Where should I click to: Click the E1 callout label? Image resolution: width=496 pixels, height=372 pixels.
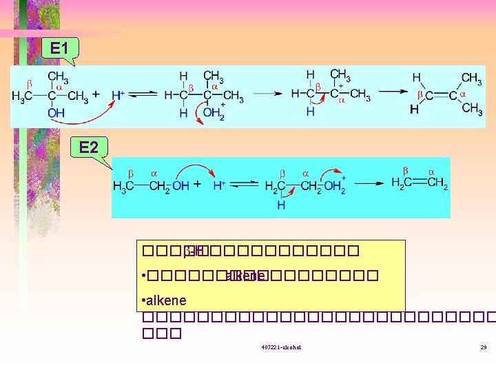tap(59, 48)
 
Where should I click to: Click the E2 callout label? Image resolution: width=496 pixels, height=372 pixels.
tap(88, 147)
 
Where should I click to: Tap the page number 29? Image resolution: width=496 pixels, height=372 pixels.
tap(484, 347)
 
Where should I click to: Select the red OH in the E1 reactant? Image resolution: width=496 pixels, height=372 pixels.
tap(56, 113)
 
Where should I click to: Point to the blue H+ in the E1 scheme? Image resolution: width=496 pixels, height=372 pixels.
tap(118, 95)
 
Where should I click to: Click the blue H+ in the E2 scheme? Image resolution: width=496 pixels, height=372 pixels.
tap(219, 185)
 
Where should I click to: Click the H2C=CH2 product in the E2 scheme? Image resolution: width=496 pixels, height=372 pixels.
tap(420, 183)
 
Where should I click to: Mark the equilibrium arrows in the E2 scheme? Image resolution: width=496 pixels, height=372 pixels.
tap(245, 185)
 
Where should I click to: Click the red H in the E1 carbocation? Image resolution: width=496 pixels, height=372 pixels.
tap(310, 111)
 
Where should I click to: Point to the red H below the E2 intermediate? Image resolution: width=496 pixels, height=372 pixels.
tap(281, 205)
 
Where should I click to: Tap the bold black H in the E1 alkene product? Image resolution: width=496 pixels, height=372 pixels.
tap(414, 109)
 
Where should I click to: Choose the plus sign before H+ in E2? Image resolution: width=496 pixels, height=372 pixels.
tap(197, 185)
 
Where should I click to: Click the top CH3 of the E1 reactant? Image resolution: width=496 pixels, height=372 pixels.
tap(58, 76)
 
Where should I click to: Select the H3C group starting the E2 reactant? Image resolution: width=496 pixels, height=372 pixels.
tap(123, 185)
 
